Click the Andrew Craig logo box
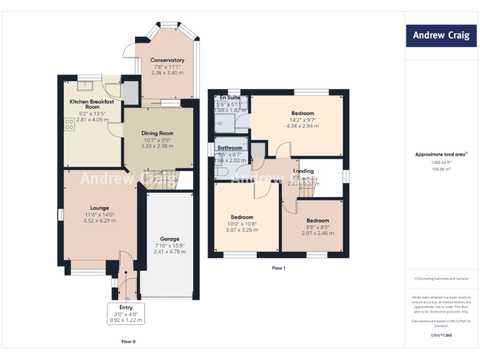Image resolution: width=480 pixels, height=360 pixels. pyautogui.click(x=441, y=36)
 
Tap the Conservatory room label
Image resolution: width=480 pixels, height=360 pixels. pyautogui.click(x=167, y=60)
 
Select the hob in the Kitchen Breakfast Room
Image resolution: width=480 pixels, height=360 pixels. pyautogui.click(x=67, y=125)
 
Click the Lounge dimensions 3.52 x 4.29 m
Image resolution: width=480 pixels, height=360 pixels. pyautogui.click(x=99, y=221)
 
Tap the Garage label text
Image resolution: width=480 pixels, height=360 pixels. pyautogui.click(x=169, y=239)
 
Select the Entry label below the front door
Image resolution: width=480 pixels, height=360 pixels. pyautogui.click(x=126, y=307)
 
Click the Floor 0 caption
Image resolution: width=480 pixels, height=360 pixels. pyautogui.click(x=128, y=342)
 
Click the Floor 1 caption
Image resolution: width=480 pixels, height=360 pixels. pyautogui.click(x=278, y=268)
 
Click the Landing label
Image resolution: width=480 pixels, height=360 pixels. pyautogui.click(x=304, y=171)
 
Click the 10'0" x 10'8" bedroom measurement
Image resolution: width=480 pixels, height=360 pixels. pyautogui.click(x=241, y=223)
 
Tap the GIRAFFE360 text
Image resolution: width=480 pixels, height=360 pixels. pyautogui.click(x=441, y=335)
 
